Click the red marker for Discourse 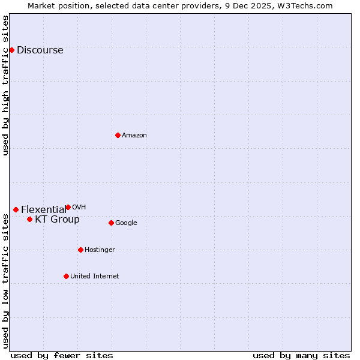click(11, 50)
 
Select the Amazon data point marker click(118, 135)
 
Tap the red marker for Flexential click(16, 209)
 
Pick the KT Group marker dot click(29, 219)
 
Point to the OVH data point click(68, 207)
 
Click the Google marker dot click(111, 223)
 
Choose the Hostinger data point click(80, 250)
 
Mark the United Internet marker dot click(66, 276)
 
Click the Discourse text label click(40, 50)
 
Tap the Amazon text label click(134, 136)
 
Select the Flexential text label click(43, 210)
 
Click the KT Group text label click(57, 220)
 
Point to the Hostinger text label click(100, 250)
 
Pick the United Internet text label click(94, 277)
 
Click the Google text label click(126, 223)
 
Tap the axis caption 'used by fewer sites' click(62, 355)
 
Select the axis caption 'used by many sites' click(301, 355)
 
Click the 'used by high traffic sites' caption click(6, 85)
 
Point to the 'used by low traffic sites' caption click(6, 281)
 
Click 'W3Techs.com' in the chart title click(307, 5)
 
